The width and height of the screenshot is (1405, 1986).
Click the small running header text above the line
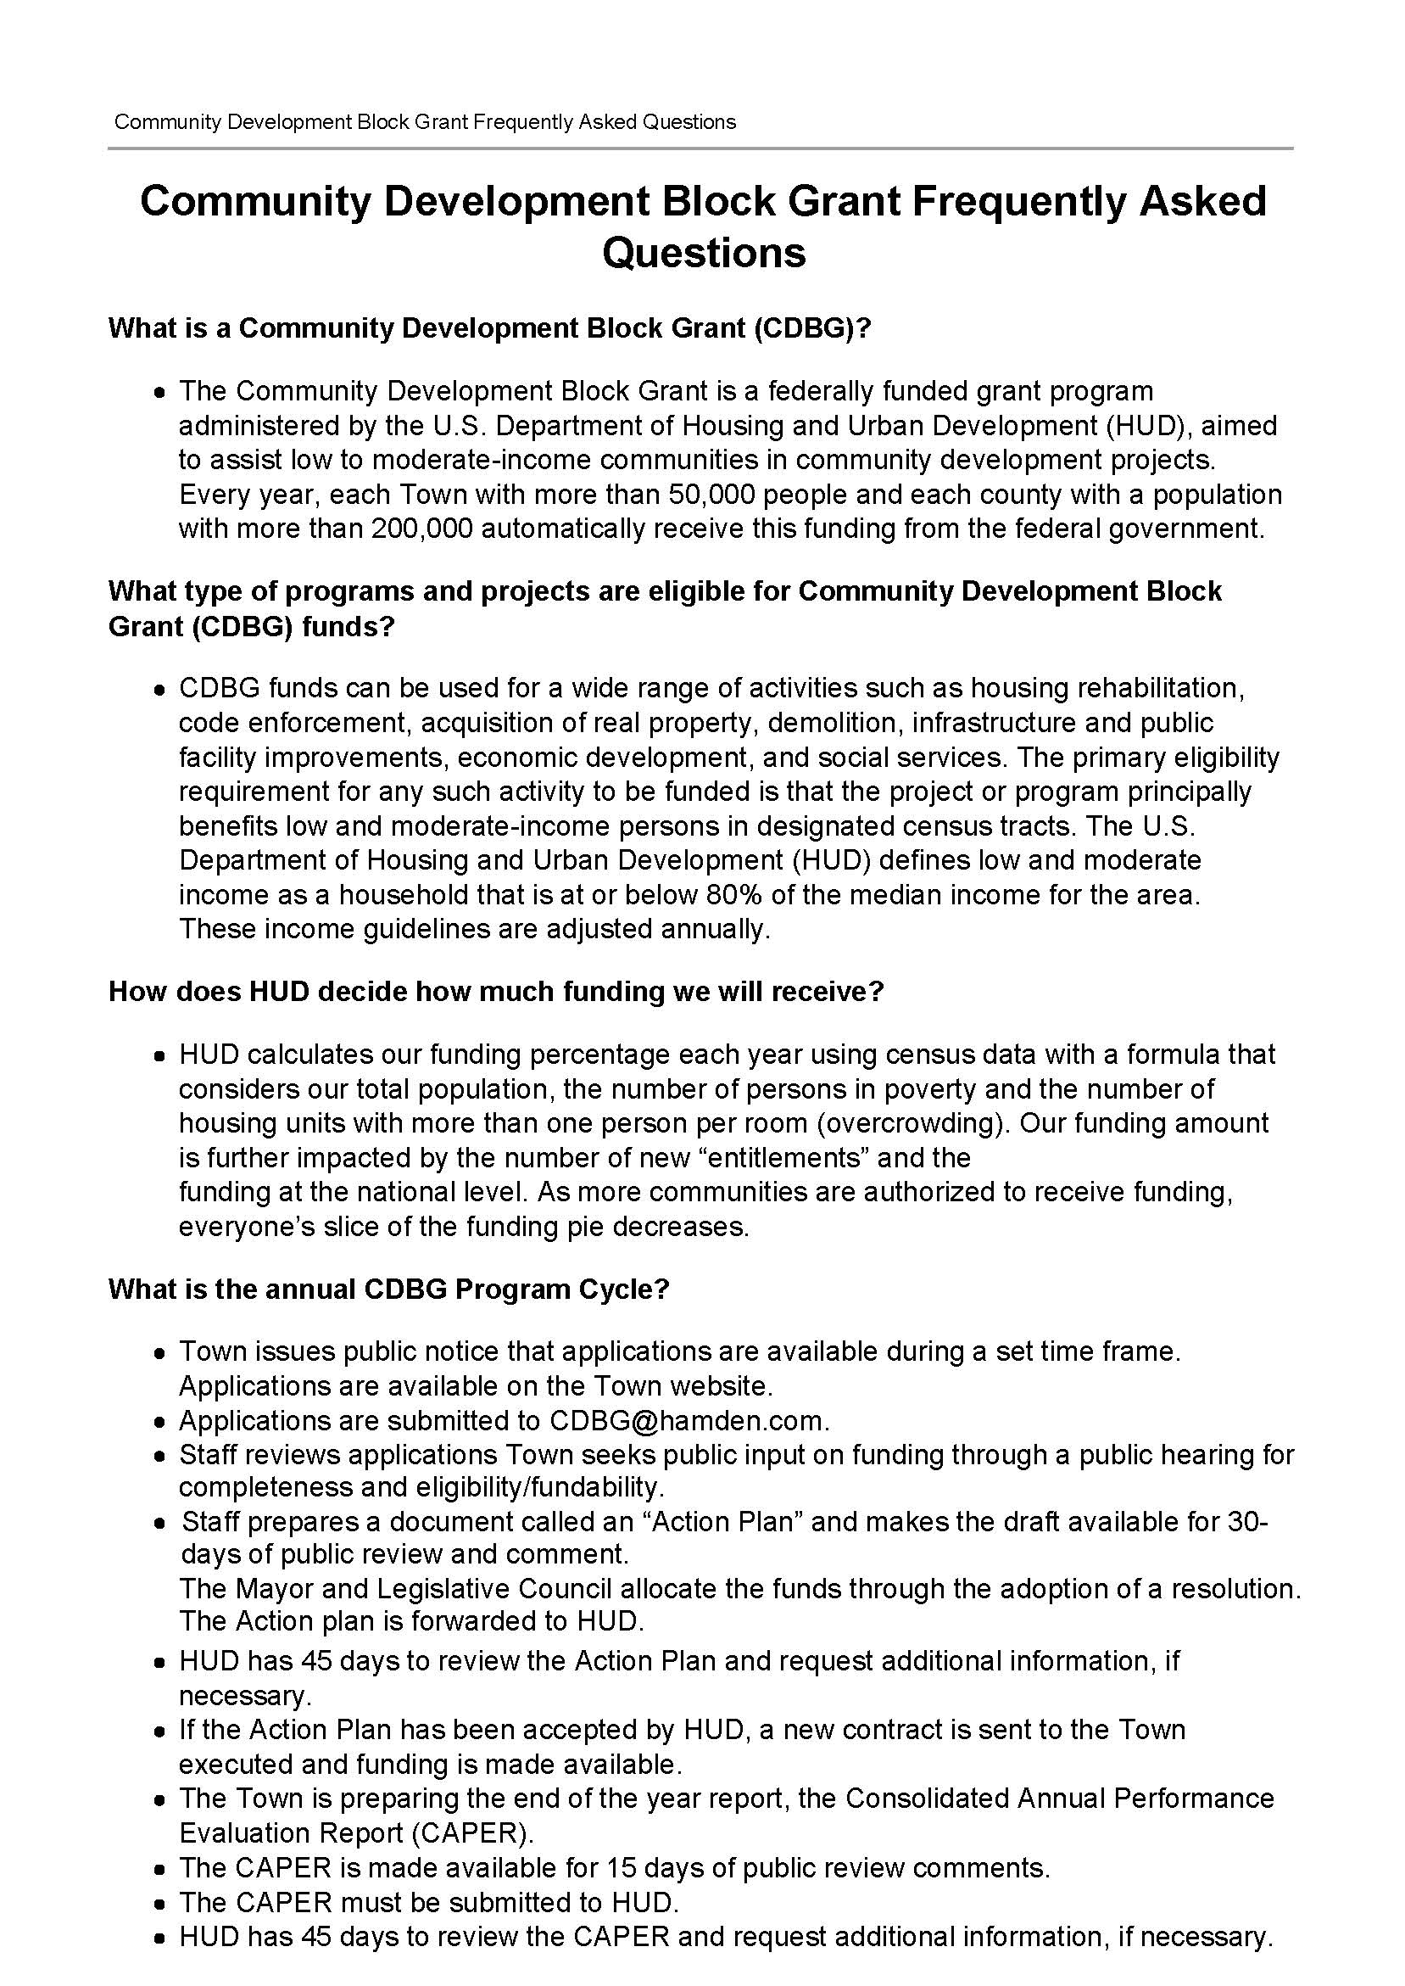tap(425, 122)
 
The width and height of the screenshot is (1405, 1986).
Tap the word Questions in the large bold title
tap(704, 253)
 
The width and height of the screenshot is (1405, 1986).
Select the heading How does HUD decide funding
tap(496, 992)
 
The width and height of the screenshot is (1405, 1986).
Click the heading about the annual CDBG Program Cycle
tap(388, 1290)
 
